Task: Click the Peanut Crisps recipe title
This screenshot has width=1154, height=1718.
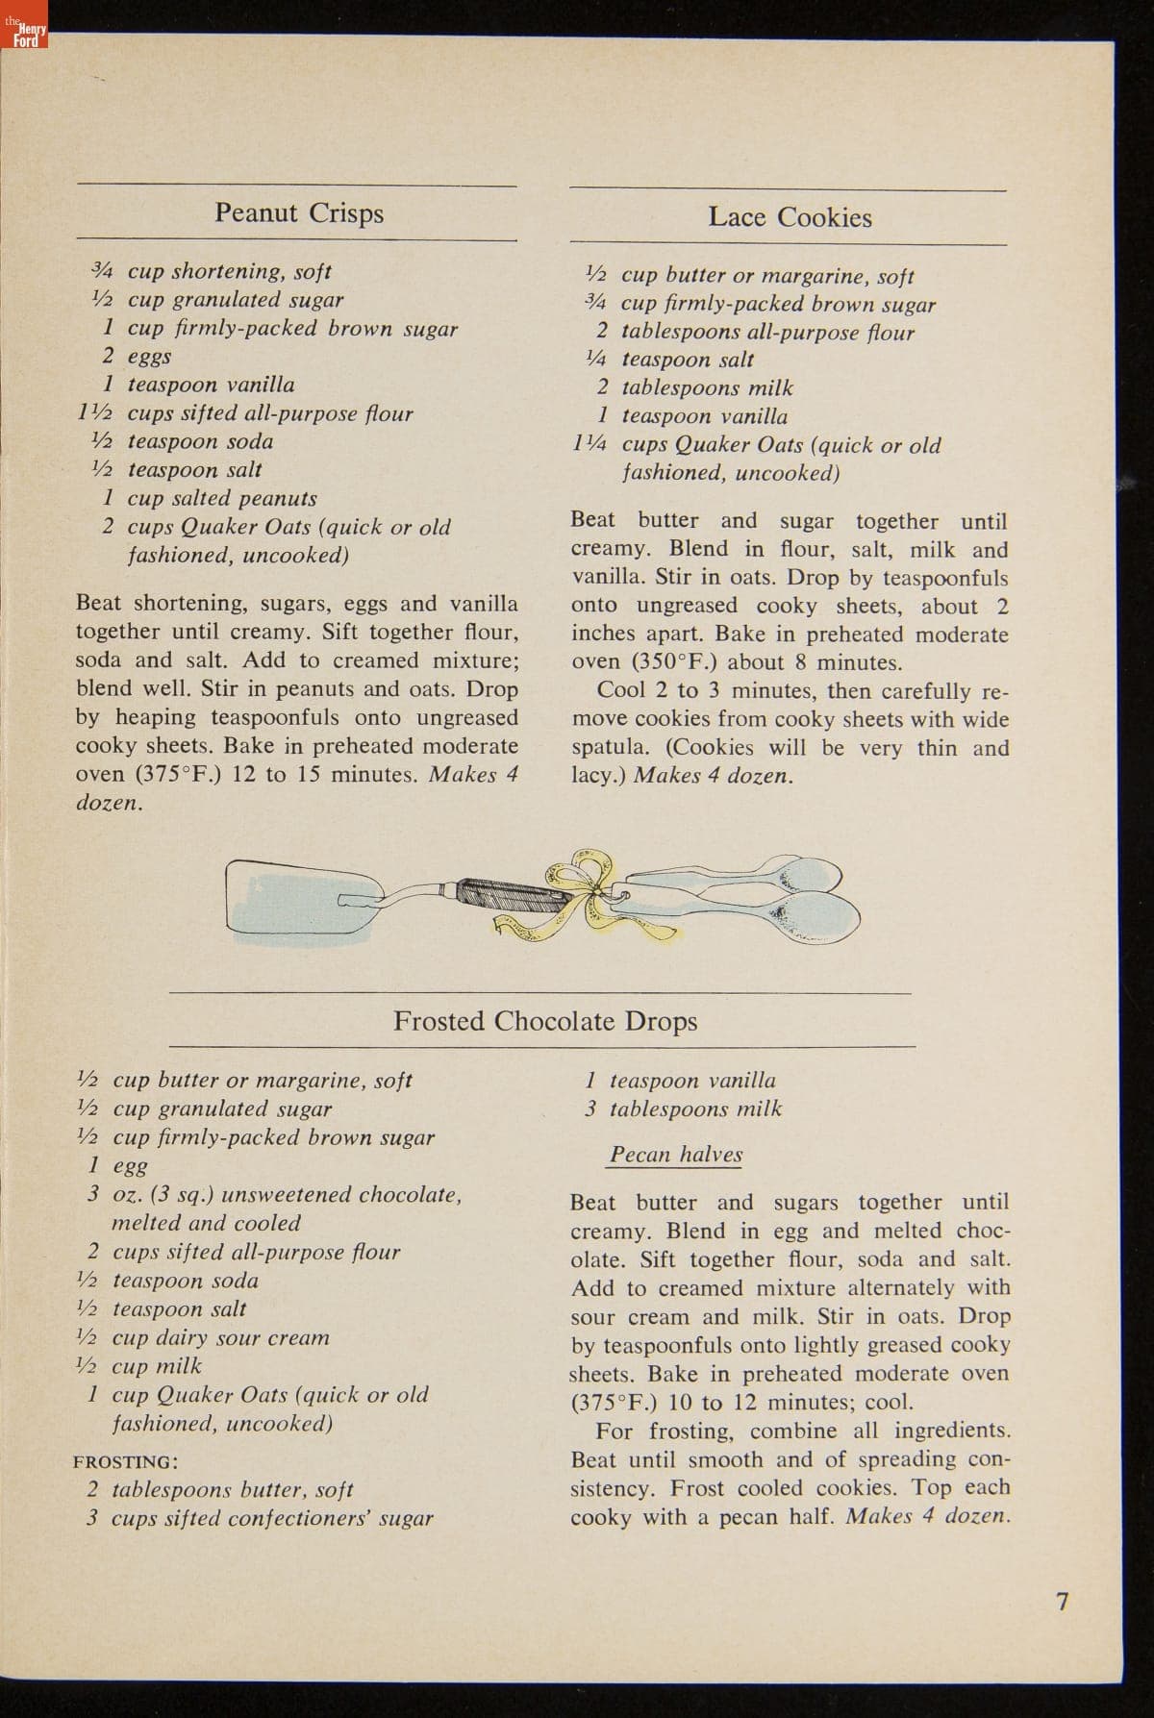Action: (298, 212)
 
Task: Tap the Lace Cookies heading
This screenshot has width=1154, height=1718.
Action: (790, 216)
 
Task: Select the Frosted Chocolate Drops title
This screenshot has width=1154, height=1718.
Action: (545, 1020)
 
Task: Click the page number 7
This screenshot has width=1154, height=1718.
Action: (1062, 1601)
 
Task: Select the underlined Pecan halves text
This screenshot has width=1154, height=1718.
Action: (676, 1155)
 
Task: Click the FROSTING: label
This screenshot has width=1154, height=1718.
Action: (125, 1461)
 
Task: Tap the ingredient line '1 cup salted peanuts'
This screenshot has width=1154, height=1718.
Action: (210, 498)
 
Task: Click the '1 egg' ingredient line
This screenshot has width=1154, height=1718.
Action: (118, 1165)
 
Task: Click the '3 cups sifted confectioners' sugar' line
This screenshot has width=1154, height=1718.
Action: (260, 1519)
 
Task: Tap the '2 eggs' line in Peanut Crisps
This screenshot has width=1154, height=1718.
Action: (138, 356)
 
